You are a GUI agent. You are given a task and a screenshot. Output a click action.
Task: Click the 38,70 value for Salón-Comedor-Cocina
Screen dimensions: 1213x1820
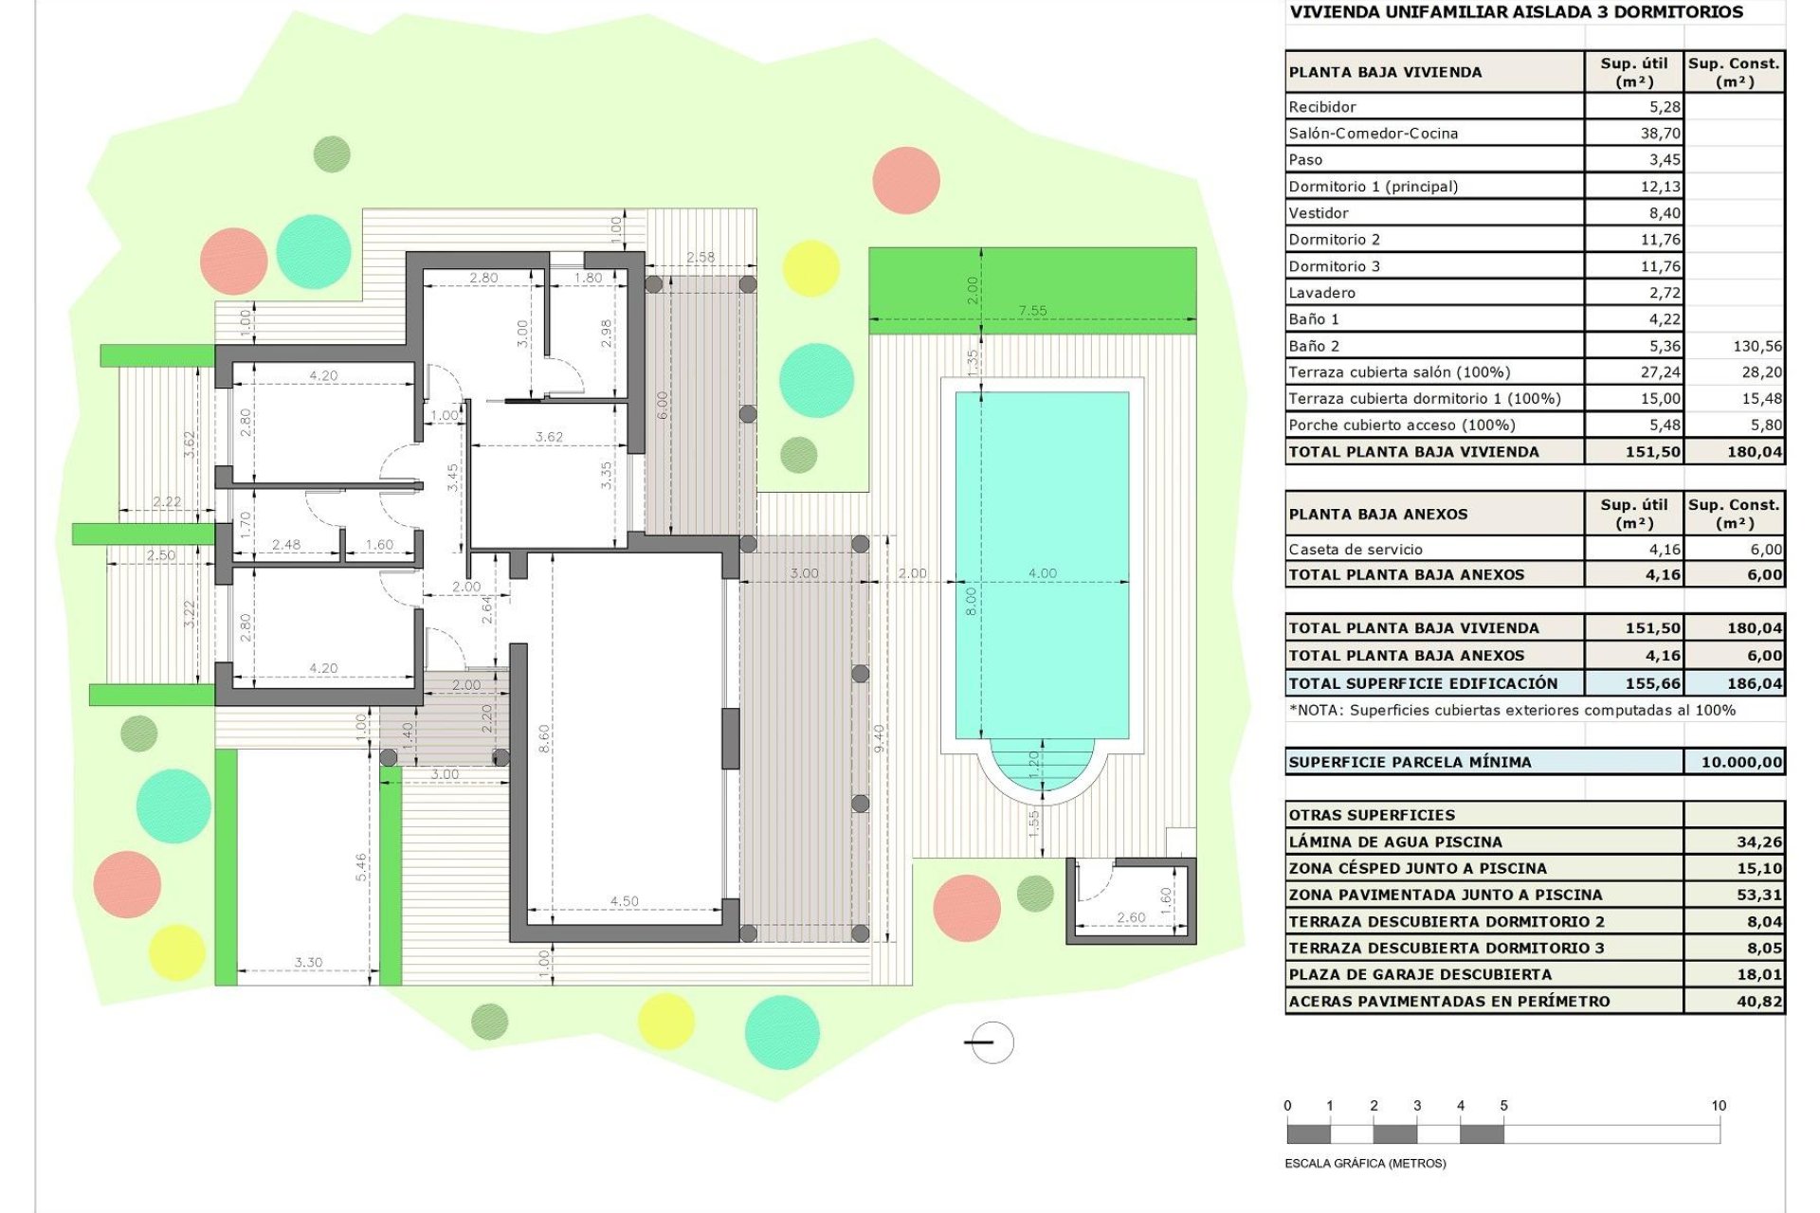coord(1660,134)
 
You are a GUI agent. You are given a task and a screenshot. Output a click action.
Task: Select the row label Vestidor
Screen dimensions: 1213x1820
coord(1318,213)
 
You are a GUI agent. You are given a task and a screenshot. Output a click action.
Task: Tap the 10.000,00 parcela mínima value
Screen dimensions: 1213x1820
coord(1740,762)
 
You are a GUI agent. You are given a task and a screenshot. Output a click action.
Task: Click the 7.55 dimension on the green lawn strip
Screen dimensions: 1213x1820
coord(1032,311)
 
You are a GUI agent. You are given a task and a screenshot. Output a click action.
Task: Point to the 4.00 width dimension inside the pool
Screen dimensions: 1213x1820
coord(1042,573)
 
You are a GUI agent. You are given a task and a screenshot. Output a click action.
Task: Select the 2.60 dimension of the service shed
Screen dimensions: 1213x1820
coord(1130,917)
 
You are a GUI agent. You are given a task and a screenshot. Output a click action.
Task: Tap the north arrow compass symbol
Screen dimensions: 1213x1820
coord(992,1042)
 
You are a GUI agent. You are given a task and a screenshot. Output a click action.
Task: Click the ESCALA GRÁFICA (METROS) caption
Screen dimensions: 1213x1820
coord(1365,1163)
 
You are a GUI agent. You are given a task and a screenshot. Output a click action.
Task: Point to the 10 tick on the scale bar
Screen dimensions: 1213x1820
coord(1719,1106)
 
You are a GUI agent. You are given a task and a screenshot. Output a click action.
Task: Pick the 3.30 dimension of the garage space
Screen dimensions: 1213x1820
coord(308,962)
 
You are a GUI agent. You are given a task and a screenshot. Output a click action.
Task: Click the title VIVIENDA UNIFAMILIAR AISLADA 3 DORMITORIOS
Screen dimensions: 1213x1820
coord(1515,12)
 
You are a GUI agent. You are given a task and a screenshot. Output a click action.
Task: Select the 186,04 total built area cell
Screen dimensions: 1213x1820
coord(1754,683)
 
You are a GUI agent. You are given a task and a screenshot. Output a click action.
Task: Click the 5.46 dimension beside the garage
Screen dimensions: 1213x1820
coord(361,866)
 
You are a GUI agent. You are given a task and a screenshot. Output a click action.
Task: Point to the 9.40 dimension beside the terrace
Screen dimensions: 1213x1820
coord(879,739)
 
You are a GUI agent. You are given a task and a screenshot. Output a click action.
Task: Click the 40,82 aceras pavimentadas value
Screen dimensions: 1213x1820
coord(1758,1001)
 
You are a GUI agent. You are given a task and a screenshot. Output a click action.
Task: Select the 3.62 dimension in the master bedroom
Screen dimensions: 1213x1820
coord(549,437)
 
